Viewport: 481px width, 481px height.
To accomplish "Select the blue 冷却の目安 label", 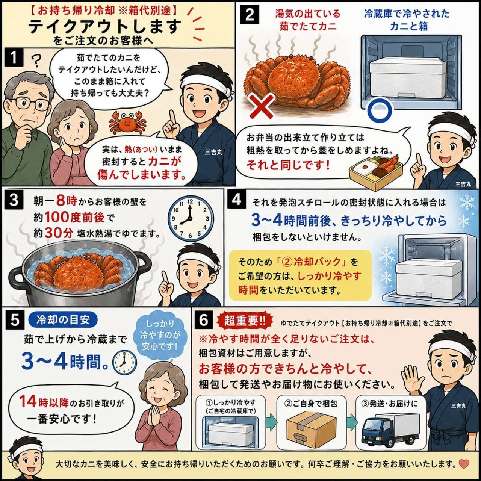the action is click(63, 320).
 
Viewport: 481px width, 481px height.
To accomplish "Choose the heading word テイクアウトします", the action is click(104, 27).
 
